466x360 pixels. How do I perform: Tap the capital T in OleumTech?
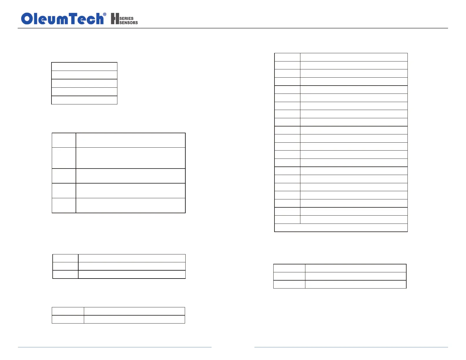pos(74,19)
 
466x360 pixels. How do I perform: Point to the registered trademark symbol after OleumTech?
pos(105,14)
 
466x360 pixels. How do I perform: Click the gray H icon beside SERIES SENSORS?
pos(115,19)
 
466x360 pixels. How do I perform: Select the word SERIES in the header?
pos(127,18)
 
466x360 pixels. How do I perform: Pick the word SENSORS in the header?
pos(129,23)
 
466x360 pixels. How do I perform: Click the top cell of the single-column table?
pos(84,66)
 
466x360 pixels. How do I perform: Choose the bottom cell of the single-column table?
pos(84,100)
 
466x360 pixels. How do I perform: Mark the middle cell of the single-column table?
pos(84,83)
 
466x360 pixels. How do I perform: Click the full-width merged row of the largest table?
pos(341,228)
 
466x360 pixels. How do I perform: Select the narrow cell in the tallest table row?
pos(64,158)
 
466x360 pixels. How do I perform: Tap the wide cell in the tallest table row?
pos(130,158)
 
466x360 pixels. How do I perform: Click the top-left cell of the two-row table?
pos(68,311)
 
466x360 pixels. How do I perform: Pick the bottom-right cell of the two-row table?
pos(134,319)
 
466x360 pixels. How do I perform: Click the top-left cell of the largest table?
pos(287,57)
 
